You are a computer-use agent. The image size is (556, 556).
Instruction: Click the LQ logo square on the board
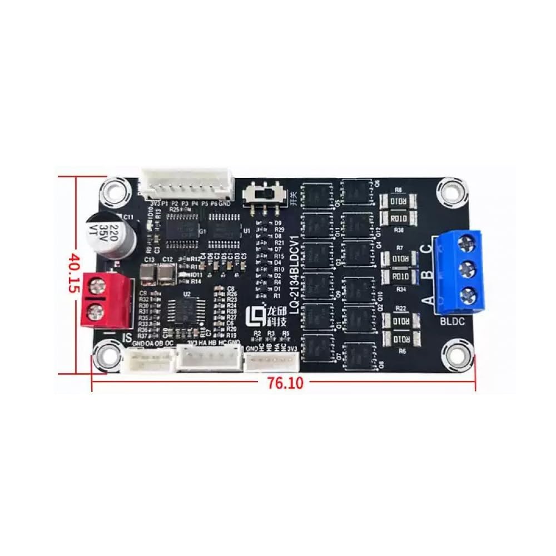[x=255, y=314]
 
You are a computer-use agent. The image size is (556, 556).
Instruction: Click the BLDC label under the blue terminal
[x=452, y=321]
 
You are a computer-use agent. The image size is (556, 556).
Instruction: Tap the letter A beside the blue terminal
[x=428, y=301]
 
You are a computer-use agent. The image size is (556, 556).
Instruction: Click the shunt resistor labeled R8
[x=398, y=201]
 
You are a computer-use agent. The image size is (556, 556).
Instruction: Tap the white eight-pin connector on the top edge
[x=186, y=183]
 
